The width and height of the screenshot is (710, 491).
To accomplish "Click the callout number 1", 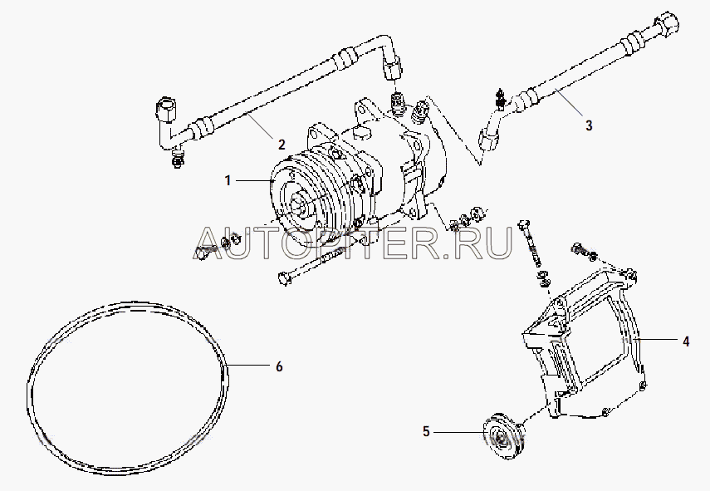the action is tap(228, 181).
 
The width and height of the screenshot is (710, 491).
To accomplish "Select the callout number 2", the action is tap(282, 145).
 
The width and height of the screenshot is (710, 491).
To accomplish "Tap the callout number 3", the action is tap(589, 125).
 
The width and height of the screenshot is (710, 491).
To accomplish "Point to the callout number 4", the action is tap(686, 341).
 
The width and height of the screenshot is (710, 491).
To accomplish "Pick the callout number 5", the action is tap(426, 432).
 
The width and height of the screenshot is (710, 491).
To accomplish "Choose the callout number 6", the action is tap(279, 366).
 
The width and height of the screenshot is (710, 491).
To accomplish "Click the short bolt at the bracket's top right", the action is tap(584, 252).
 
